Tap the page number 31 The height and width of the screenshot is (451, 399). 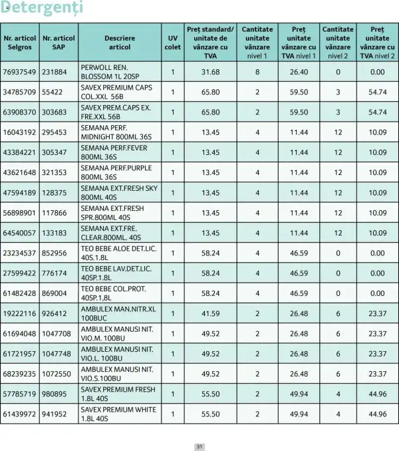(x=199, y=446)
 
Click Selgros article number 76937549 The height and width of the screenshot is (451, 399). (x=19, y=72)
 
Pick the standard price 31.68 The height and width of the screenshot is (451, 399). (x=210, y=72)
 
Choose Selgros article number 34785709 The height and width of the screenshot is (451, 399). (x=19, y=92)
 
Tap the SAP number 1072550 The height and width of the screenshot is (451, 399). (x=57, y=374)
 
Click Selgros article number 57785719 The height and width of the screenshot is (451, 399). (x=19, y=394)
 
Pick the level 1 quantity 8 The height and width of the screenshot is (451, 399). (x=257, y=72)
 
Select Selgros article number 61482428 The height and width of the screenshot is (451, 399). (x=19, y=293)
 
